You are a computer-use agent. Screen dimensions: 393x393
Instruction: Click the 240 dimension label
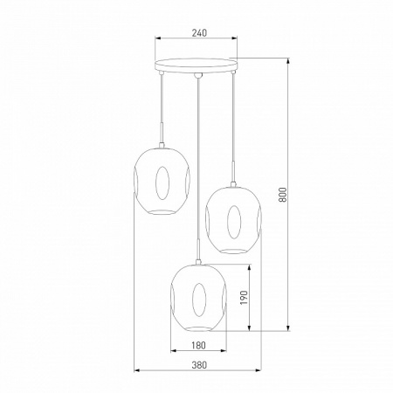coord(199,33)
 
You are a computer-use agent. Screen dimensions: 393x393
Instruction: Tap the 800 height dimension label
coord(283,195)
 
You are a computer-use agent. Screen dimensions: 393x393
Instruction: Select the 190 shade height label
coord(244,298)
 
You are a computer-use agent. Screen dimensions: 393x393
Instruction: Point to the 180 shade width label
coord(198,345)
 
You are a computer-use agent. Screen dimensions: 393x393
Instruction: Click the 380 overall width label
coord(199,365)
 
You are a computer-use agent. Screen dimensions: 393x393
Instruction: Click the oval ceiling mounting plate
coord(196,65)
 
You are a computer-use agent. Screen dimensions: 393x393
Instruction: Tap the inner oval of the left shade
coord(162,183)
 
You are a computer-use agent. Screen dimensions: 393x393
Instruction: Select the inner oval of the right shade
coord(234,222)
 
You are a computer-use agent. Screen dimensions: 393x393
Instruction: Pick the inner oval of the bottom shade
coord(199,300)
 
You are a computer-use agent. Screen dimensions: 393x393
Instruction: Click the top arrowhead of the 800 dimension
coord(288,61)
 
